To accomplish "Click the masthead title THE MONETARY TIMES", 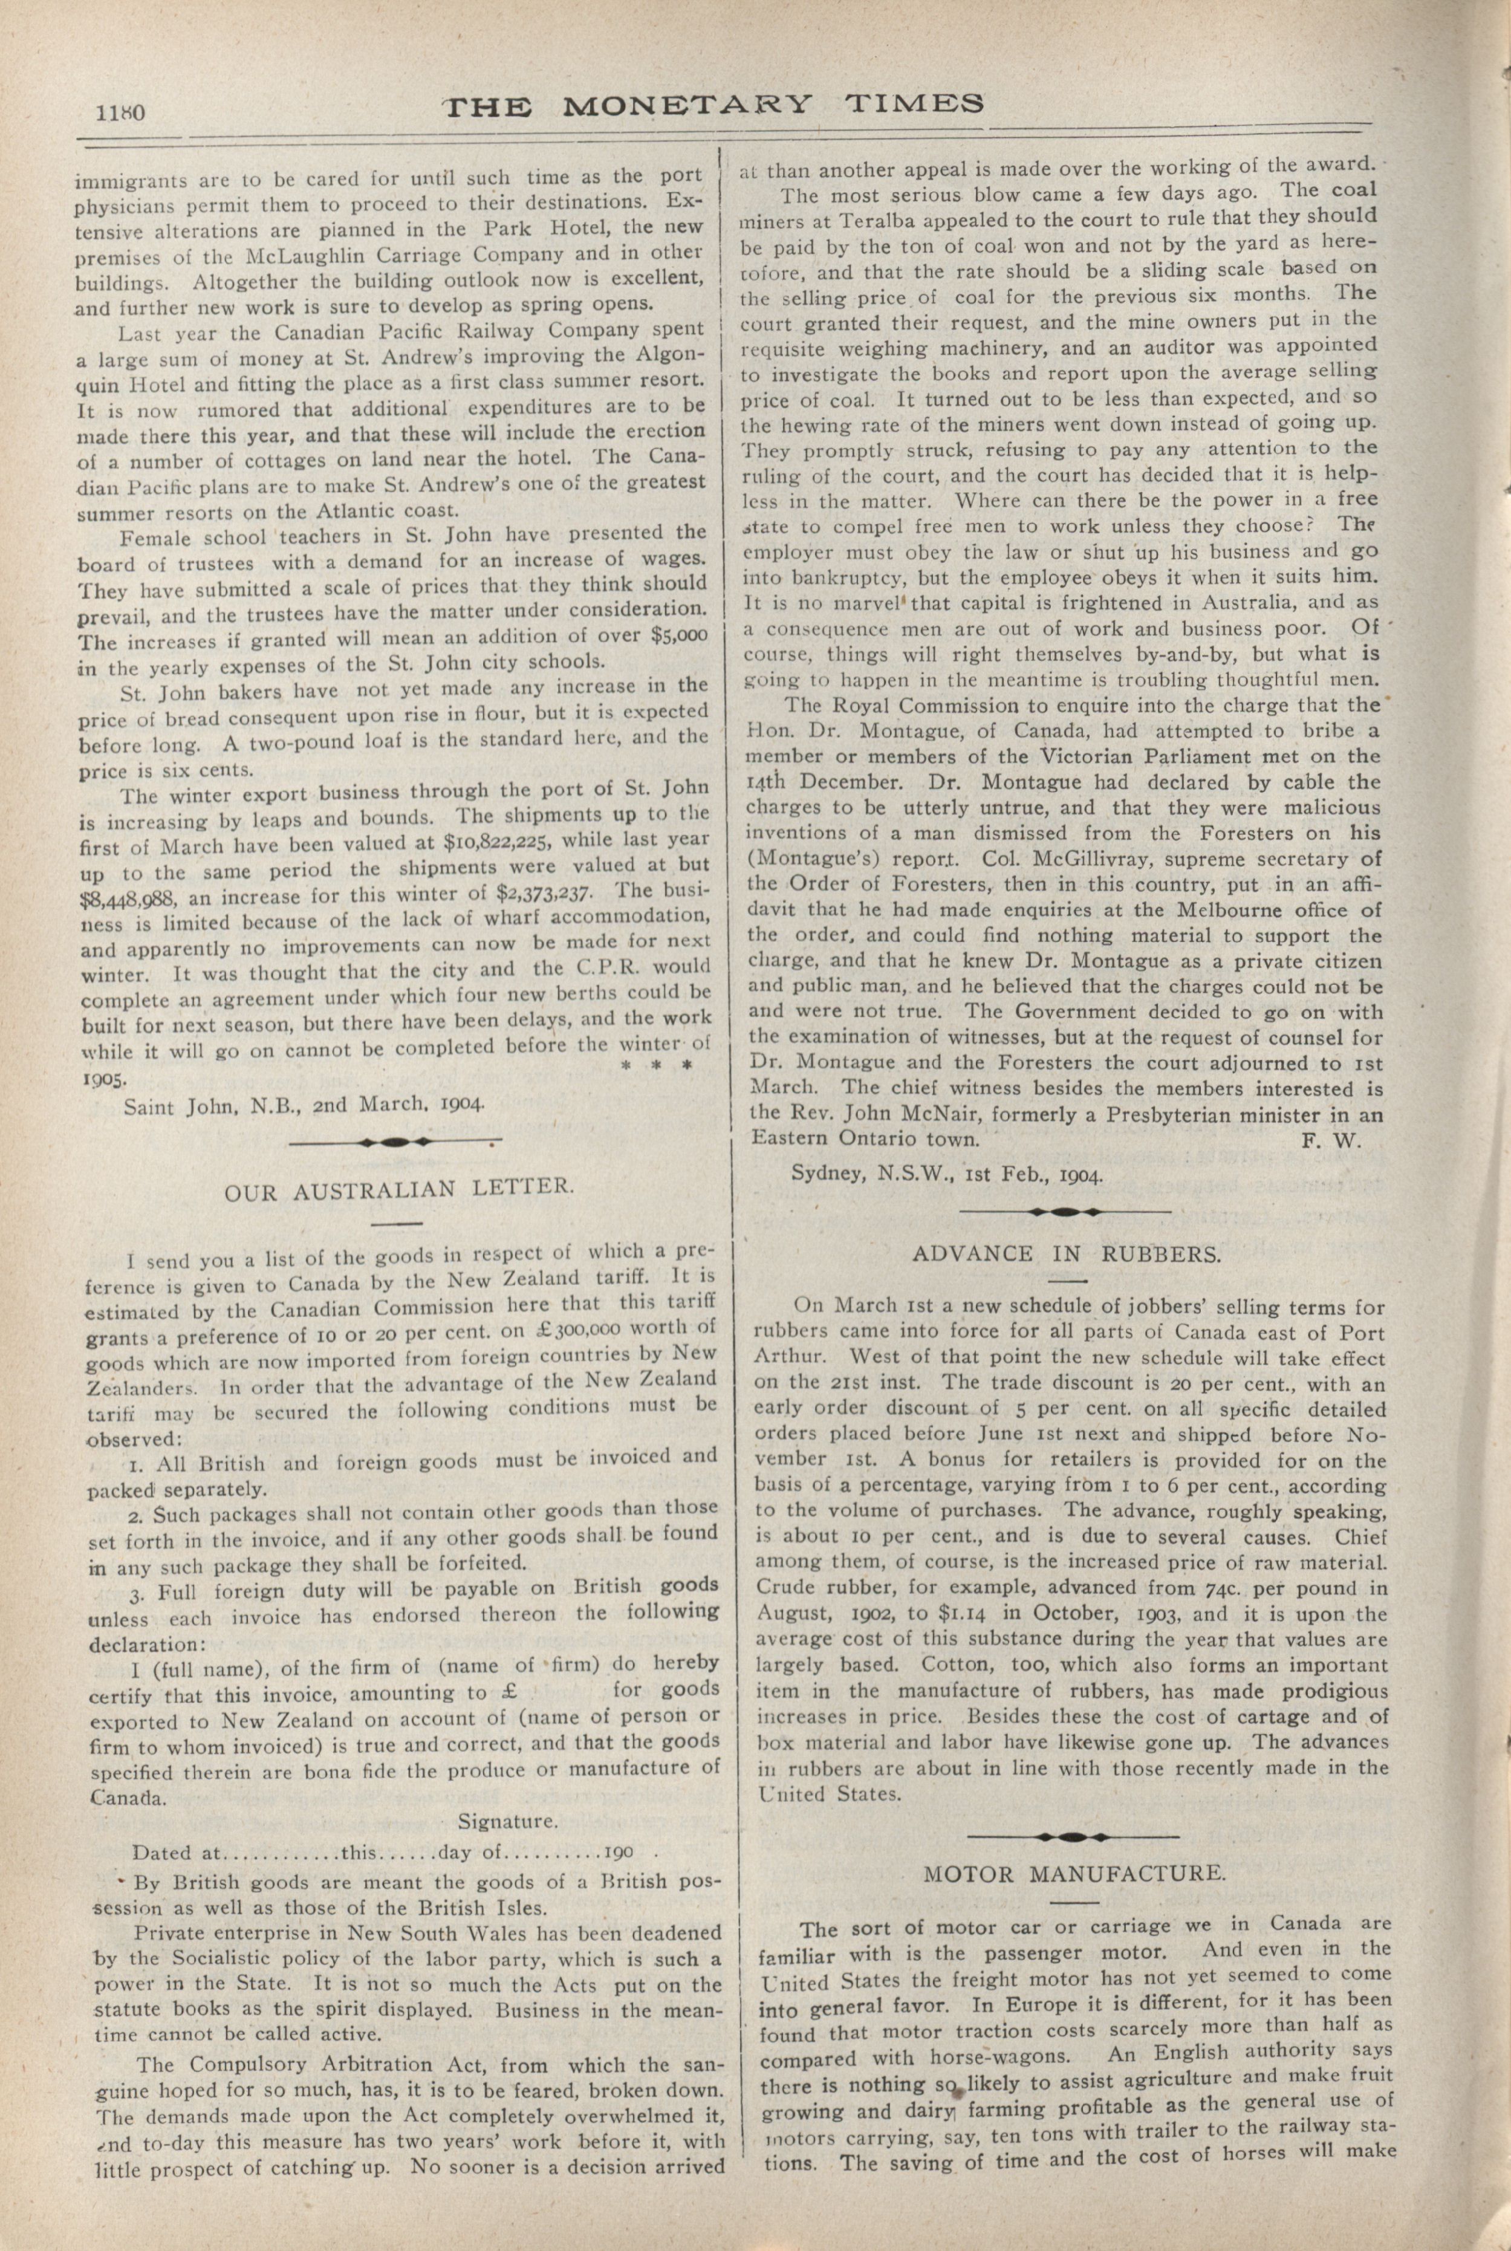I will click(713, 104).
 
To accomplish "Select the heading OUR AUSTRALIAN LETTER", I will click(399, 1189).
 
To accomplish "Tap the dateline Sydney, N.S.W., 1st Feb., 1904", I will click(947, 1175).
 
